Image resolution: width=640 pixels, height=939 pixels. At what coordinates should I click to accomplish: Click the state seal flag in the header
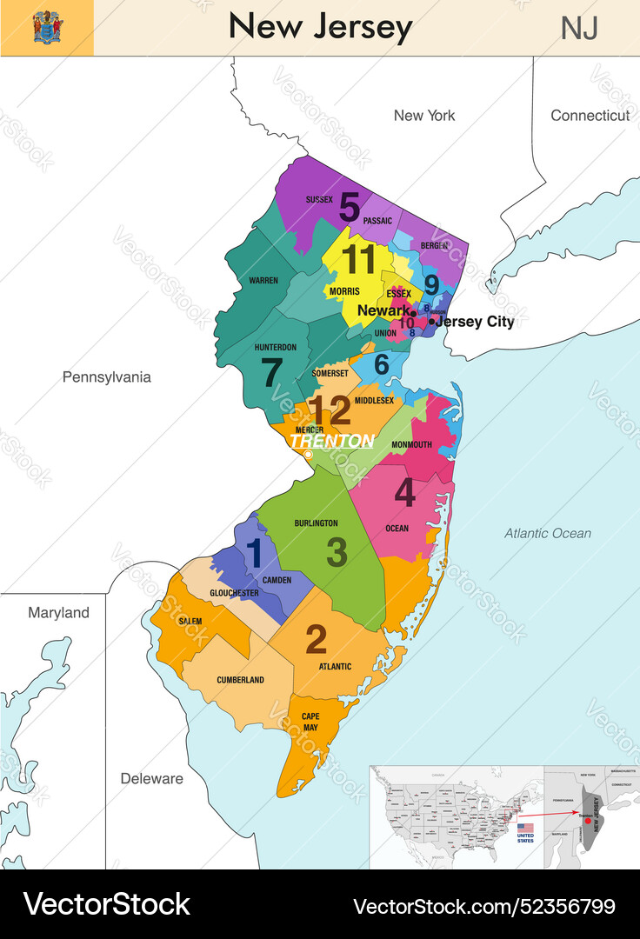tap(47, 28)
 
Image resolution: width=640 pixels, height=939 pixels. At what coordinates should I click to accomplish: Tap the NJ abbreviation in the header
tap(578, 28)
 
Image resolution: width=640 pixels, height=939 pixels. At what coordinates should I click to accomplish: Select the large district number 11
tap(358, 261)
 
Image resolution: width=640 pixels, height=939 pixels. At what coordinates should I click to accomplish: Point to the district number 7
tap(271, 373)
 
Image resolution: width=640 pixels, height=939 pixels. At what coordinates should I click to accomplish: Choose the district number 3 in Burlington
tap(337, 552)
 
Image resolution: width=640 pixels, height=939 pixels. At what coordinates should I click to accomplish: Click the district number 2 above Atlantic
tap(316, 640)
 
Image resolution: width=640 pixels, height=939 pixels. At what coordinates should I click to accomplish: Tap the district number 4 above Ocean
tap(404, 493)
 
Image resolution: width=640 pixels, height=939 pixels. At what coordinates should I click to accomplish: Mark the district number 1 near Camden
tap(254, 552)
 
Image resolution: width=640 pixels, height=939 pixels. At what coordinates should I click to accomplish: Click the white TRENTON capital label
tap(331, 442)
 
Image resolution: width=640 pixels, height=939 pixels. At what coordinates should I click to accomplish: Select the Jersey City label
tap(476, 322)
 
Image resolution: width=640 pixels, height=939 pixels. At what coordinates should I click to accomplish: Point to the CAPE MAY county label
tap(310, 722)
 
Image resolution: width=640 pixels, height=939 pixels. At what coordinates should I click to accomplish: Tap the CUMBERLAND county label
tap(240, 680)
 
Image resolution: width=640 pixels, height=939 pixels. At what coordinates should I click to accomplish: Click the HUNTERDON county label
tap(276, 347)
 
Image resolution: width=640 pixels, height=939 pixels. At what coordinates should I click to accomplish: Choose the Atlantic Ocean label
tap(548, 533)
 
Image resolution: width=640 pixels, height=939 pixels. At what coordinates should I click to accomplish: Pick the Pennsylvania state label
tap(106, 376)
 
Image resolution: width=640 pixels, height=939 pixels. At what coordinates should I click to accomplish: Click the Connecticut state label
tap(590, 115)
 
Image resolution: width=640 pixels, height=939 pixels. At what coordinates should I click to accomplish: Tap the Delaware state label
tap(151, 778)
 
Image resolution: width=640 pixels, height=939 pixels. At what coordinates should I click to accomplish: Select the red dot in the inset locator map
tap(588, 821)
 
